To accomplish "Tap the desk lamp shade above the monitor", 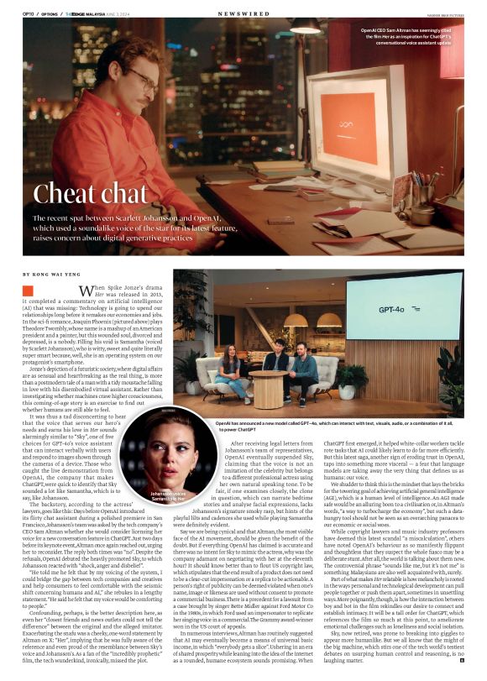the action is [x=306, y=28].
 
